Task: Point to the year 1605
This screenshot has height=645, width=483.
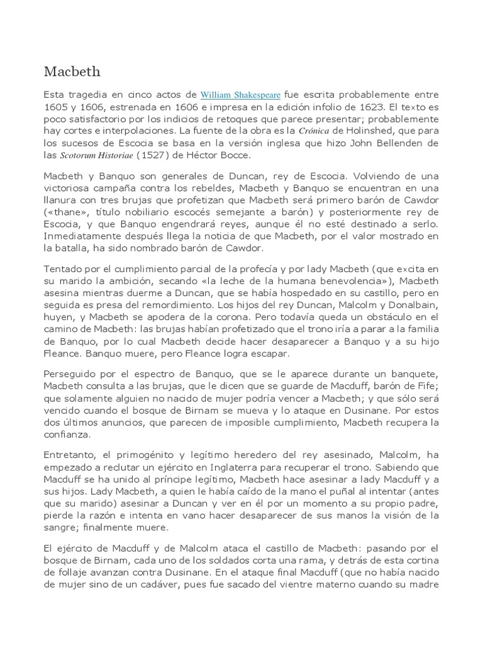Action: pos(57,107)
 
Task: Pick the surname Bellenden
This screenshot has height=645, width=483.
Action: pos(399,143)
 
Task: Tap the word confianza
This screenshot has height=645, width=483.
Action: pos(68,434)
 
